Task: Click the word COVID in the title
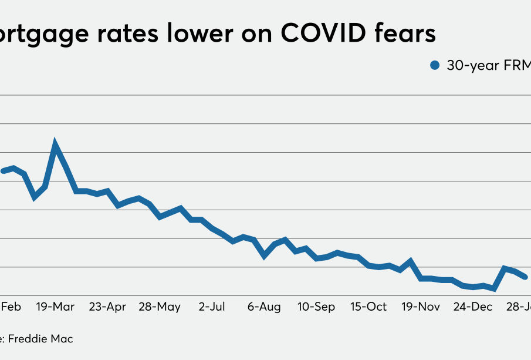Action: tap(325, 33)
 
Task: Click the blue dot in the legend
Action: tap(435, 66)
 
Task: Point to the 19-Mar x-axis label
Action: tap(56, 307)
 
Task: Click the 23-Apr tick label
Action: tap(107, 307)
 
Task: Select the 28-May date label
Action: tap(160, 307)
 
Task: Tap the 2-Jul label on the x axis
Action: tap(212, 307)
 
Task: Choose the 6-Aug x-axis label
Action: tap(264, 307)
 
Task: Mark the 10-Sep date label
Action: tap(316, 307)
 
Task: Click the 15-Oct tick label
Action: tap(368, 307)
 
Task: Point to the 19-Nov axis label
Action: tap(421, 307)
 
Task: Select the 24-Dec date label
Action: tap(473, 307)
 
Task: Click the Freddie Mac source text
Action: tap(41, 339)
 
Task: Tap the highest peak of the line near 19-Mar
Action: tap(55, 143)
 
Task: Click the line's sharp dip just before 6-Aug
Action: tap(265, 256)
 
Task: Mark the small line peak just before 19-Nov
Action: tap(411, 261)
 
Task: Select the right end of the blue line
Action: tap(525, 277)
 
